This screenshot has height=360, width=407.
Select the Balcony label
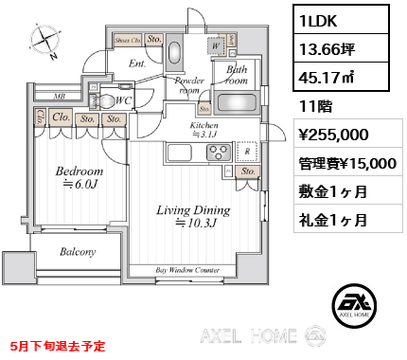point(78,252)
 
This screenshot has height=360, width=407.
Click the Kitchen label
point(206,130)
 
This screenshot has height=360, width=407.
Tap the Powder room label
point(189,86)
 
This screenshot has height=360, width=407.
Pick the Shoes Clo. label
point(129,41)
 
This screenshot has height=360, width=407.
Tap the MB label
point(58,97)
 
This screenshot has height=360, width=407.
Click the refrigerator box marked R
point(246,150)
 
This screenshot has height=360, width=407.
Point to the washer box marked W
point(218,44)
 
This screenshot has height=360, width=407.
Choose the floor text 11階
point(312,106)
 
